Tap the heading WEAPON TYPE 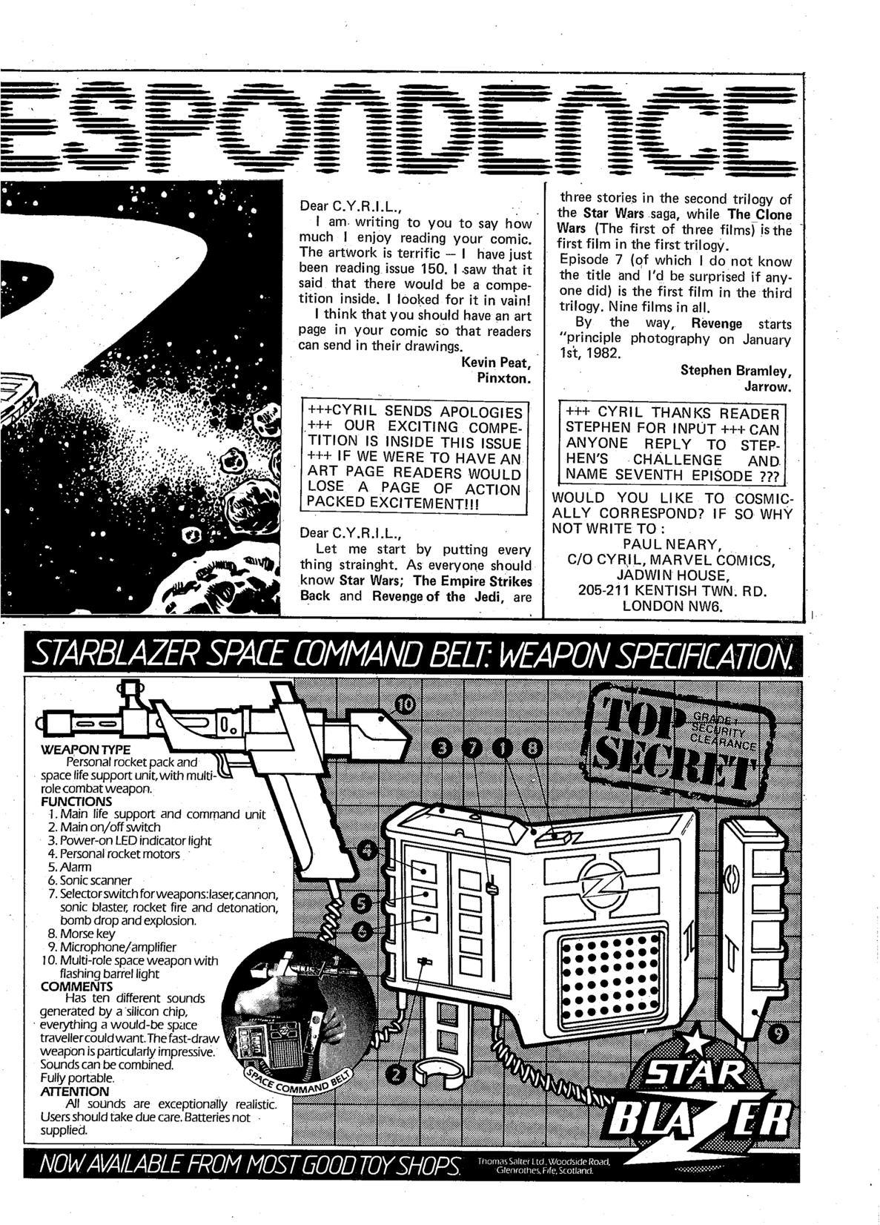point(76,749)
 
